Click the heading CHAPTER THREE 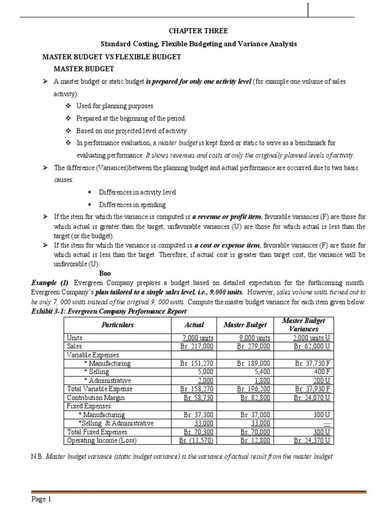[192, 31]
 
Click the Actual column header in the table [194, 325]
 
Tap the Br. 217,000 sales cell [197, 347]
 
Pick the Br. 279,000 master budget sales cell [253, 347]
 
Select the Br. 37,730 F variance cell [312, 364]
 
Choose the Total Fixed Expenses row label [97, 432]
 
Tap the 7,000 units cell [197, 338]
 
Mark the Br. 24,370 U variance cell [312, 441]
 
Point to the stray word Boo [105, 273]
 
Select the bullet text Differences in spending [132, 205]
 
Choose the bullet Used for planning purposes [115, 106]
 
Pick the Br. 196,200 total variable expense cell [253, 389]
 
